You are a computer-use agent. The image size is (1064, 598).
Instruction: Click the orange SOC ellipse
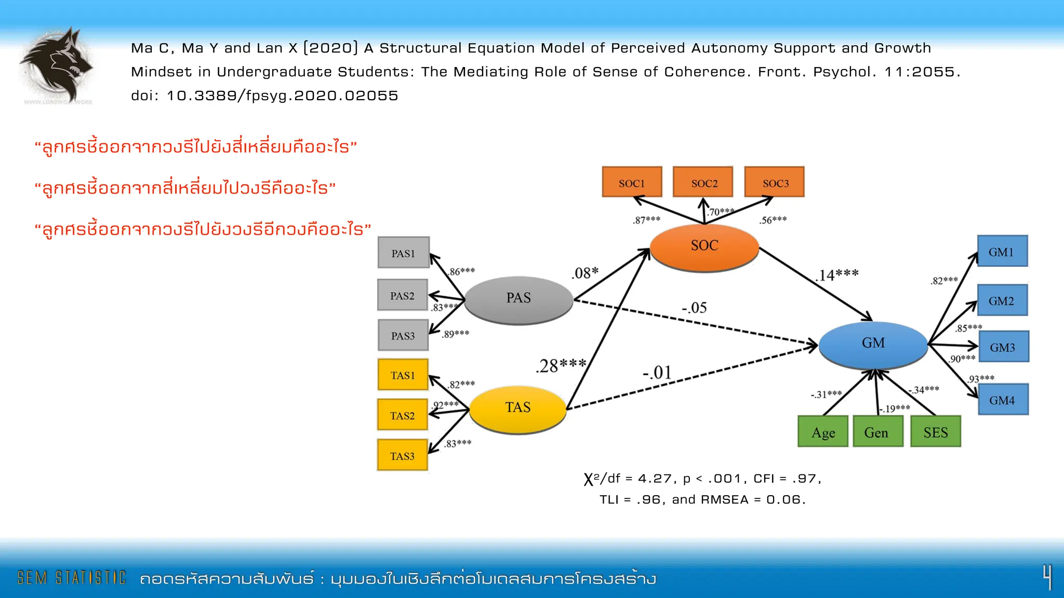pyautogui.click(x=704, y=247)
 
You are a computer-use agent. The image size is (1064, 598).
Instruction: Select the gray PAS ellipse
pyautogui.click(x=518, y=300)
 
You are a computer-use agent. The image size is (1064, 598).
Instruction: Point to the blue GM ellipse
pyautogui.click(x=873, y=344)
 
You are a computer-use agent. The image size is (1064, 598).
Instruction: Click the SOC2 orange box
pyautogui.click(x=703, y=182)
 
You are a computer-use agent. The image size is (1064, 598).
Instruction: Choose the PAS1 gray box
pyautogui.click(x=403, y=253)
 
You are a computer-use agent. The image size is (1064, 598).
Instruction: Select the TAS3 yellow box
pyautogui.click(x=403, y=455)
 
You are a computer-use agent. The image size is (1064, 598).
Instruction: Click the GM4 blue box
pyautogui.click(x=1003, y=400)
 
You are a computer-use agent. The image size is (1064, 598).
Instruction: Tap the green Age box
pyautogui.click(x=823, y=432)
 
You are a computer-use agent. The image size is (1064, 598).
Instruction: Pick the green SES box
pyautogui.click(x=935, y=432)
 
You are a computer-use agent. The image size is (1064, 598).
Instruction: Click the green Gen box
pyautogui.click(x=876, y=432)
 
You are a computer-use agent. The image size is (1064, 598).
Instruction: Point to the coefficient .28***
pyautogui.click(x=561, y=366)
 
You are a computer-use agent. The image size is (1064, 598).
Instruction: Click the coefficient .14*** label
pyautogui.click(x=837, y=275)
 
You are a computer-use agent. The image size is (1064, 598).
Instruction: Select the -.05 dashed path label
pyautogui.click(x=694, y=308)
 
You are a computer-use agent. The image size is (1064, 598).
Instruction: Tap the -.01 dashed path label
pyautogui.click(x=657, y=373)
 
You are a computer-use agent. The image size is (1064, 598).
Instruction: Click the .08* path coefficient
pyautogui.click(x=585, y=273)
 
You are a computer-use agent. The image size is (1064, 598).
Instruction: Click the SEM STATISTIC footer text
pyautogui.click(x=72, y=578)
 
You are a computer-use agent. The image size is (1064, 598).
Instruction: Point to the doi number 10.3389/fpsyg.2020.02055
pyautogui.click(x=282, y=96)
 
